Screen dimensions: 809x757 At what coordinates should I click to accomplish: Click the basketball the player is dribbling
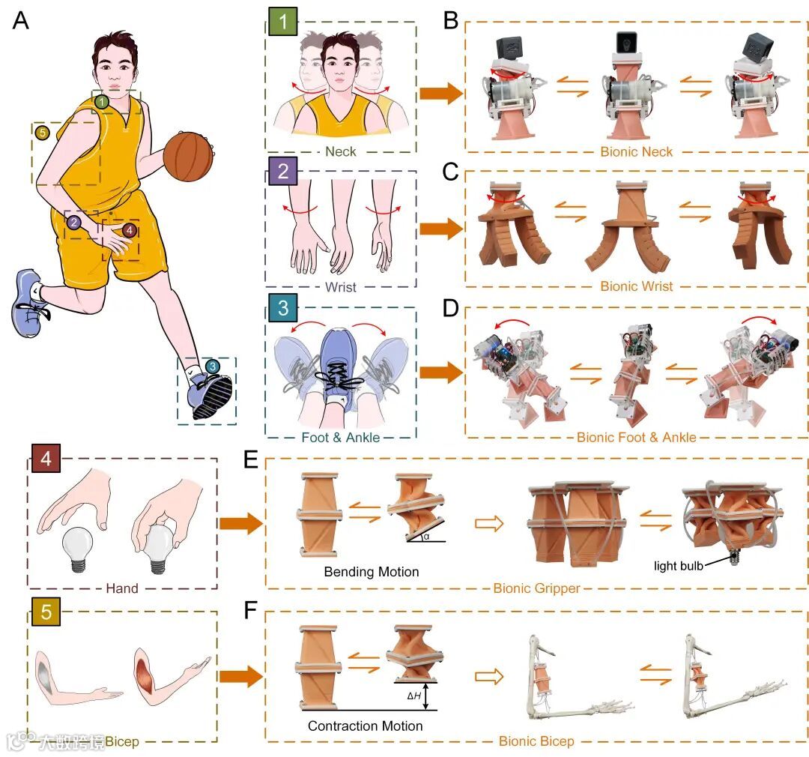[x=188, y=156]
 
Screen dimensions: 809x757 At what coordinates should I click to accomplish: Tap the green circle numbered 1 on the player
[x=102, y=101]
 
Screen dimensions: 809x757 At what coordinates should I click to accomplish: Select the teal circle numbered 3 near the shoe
[x=213, y=367]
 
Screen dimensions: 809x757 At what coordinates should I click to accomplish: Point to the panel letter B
[x=450, y=20]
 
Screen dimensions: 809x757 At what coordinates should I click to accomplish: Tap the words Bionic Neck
[x=636, y=151]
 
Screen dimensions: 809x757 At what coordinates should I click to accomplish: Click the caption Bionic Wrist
[x=636, y=286]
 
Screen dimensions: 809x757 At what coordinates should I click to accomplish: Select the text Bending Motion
[x=371, y=572]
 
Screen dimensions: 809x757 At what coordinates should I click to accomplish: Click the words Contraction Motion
[x=365, y=726]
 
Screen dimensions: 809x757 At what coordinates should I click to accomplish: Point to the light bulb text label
[x=678, y=566]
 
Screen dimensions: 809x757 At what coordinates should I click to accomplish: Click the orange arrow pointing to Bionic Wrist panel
[x=438, y=229]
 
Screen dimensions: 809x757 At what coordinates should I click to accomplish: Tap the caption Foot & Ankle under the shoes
[x=342, y=437]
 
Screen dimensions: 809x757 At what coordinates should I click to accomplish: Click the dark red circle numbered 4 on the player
[x=130, y=230]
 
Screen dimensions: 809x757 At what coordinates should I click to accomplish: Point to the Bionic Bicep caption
[x=536, y=741]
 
